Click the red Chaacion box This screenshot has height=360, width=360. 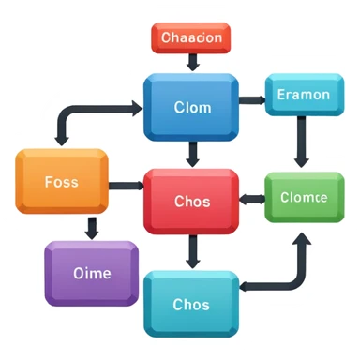(x=191, y=38)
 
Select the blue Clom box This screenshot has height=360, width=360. (x=191, y=106)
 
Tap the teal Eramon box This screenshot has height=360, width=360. (x=303, y=95)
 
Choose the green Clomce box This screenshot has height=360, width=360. (x=303, y=198)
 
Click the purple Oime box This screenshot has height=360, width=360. (x=92, y=273)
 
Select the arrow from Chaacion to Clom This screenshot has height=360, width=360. (x=193, y=62)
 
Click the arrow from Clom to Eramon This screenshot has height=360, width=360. (x=251, y=98)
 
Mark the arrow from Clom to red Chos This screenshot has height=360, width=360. (x=193, y=153)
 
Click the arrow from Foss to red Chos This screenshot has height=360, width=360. (x=125, y=186)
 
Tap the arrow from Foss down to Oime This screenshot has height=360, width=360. (x=92, y=227)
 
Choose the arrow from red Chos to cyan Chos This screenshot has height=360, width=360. (x=193, y=250)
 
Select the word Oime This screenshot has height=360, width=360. (x=92, y=274)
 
